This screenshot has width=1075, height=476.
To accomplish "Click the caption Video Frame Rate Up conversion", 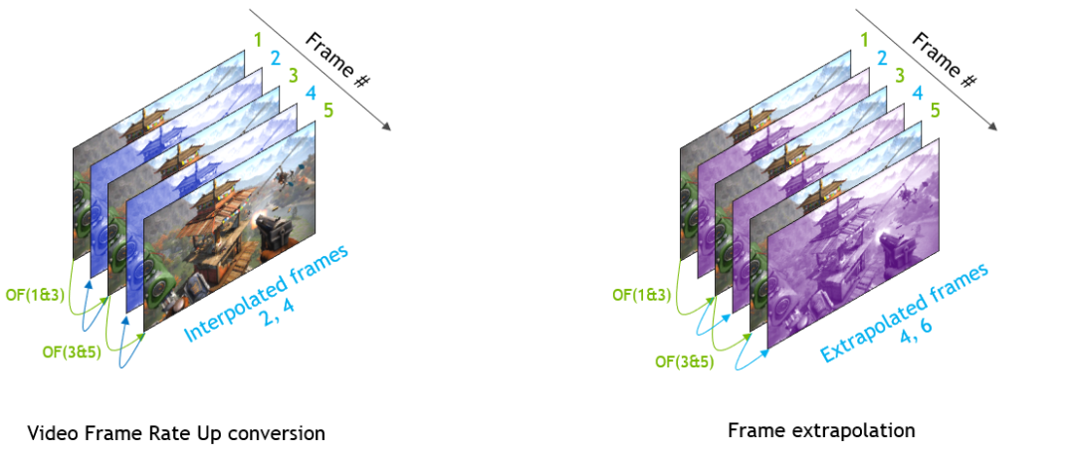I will [x=176, y=433].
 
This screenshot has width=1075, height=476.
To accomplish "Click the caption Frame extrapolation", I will [x=821, y=430].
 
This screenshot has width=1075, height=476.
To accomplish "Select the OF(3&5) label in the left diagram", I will [x=69, y=352].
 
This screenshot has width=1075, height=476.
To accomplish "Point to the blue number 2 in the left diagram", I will [x=274, y=57].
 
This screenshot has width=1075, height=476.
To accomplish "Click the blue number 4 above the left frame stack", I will [x=310, y=95].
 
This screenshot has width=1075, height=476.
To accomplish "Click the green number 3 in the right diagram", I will [x=899, y=75].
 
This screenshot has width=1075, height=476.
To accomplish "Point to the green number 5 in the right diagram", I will [x=934, y=111].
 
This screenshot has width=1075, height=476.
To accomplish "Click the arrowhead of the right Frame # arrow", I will [x=992, y=125].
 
